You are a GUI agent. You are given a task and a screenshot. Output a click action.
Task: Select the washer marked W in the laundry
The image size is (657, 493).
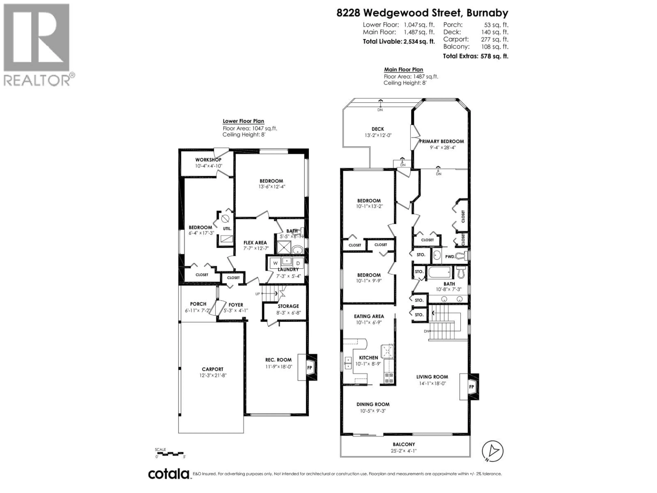tap(275, 263)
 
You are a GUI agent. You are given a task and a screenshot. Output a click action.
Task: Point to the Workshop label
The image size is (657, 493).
tap(208, 160)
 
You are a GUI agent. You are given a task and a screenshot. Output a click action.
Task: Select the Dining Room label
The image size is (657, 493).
tap(373, 404)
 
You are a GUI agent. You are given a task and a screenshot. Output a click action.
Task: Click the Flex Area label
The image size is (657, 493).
tap(255, 243)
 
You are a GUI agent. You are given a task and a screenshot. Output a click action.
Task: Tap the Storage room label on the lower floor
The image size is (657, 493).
tap(288, 306)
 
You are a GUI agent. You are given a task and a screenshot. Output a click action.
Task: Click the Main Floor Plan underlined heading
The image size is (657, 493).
tap(403, 69)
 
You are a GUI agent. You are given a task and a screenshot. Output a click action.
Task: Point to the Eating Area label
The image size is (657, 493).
tap(369, 316)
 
